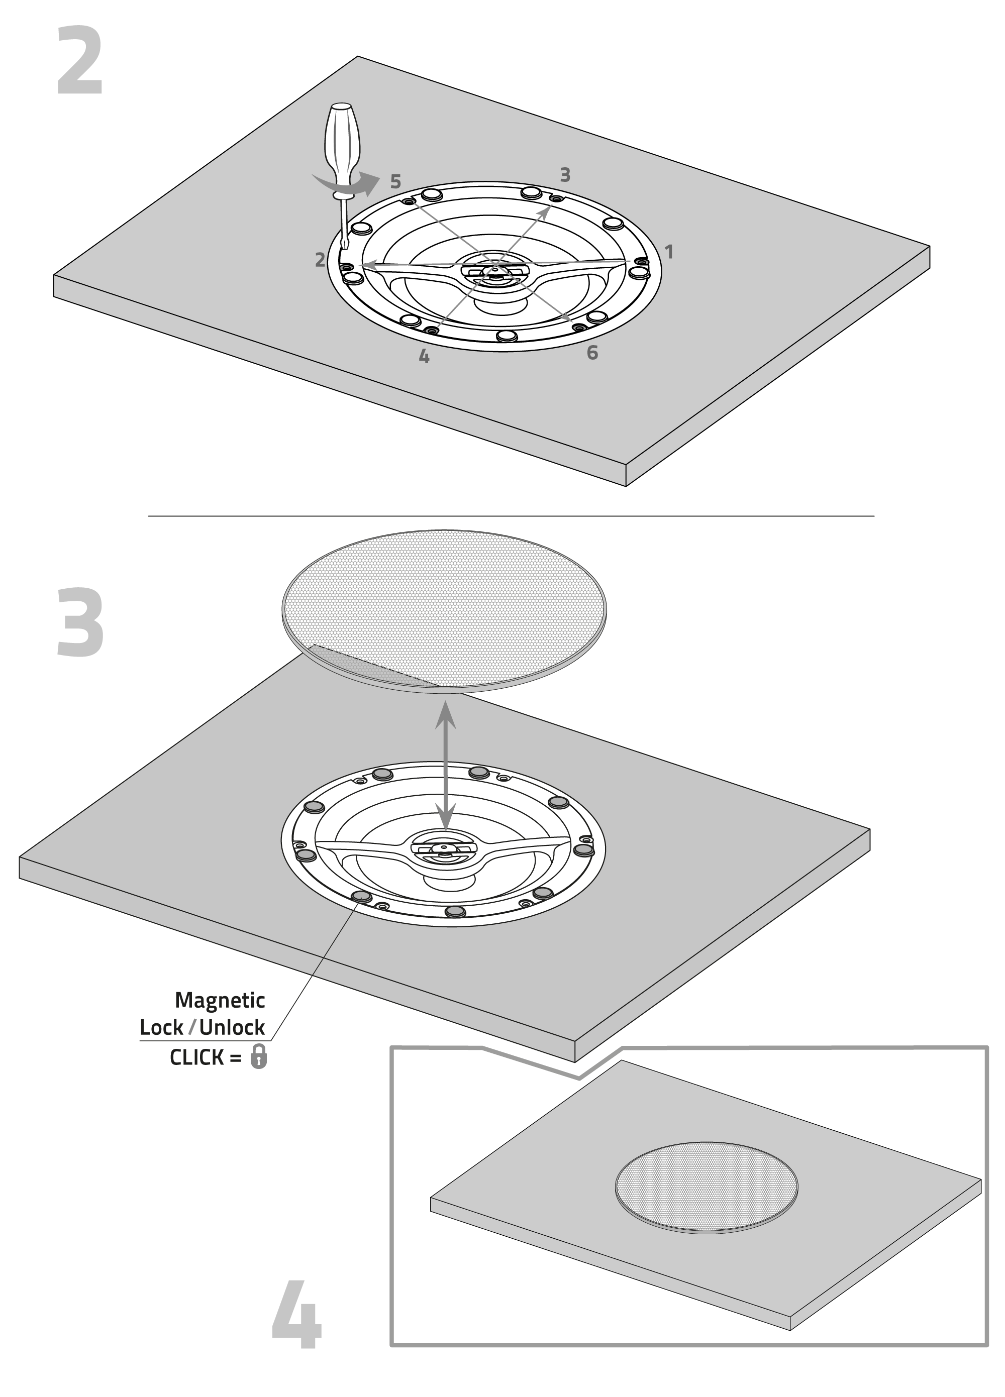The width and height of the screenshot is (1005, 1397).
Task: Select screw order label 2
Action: point(320,260)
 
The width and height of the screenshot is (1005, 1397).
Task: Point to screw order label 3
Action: point(565,175)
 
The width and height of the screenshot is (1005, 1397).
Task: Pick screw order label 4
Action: point(424,356)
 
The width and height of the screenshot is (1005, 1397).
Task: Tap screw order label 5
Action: point(395,182)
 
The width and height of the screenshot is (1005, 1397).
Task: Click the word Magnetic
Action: point(220,1000)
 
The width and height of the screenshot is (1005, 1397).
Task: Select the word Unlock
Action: point(232,1027)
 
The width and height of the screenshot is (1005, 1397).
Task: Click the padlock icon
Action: point(259,1056)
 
